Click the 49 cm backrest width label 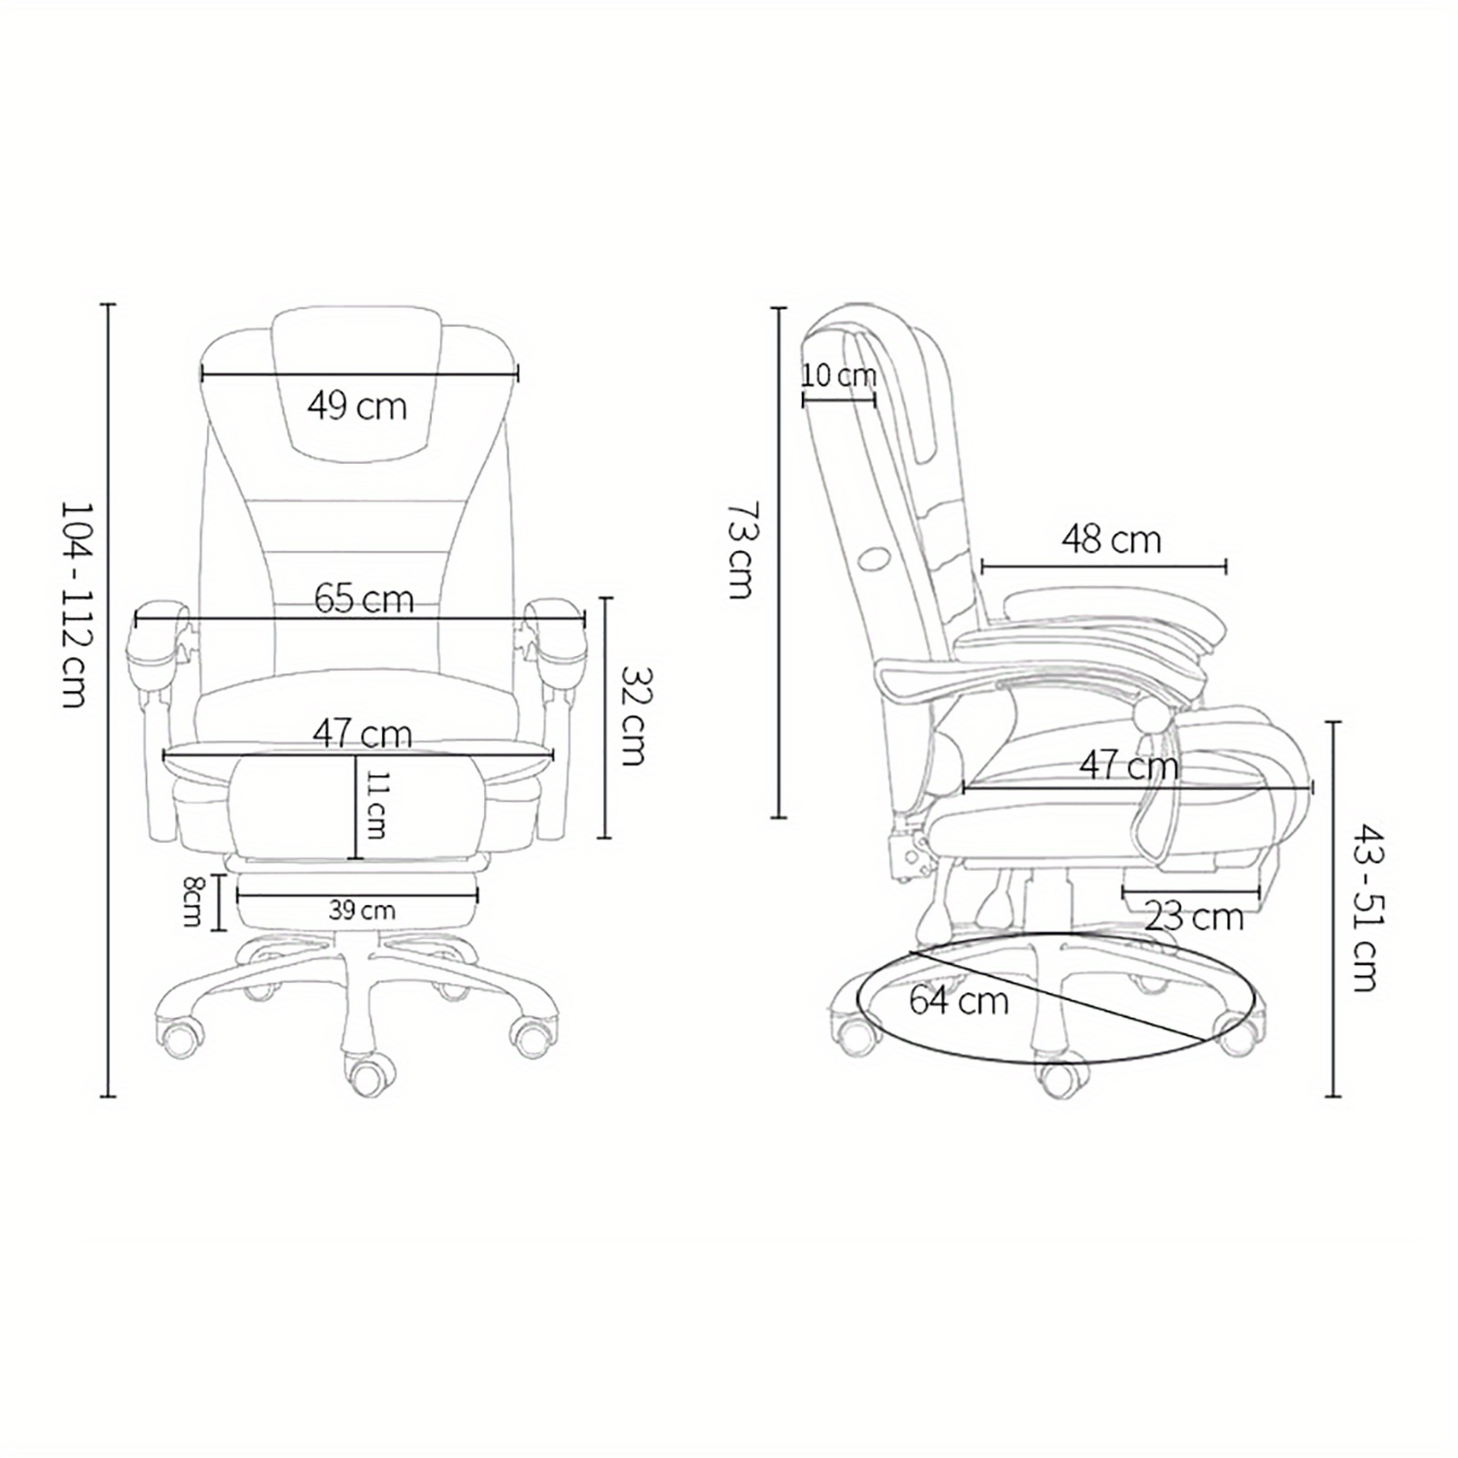tap(356, 406)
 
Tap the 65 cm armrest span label tap(364, 599)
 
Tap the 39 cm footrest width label tap(362, 909)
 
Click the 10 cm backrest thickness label tap(839, 375)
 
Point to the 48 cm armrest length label tap(1111, 539)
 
